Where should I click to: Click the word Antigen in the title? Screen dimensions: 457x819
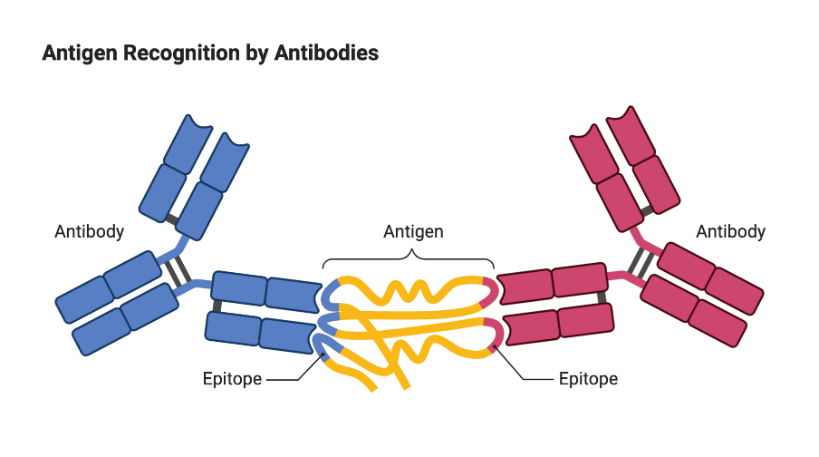[77, 53]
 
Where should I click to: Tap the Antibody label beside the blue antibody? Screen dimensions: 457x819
[90, 231]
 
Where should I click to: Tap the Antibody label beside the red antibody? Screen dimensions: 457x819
[730, 231]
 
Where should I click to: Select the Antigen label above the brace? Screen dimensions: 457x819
[413, 231]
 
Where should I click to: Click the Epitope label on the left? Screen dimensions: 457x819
[232, 379]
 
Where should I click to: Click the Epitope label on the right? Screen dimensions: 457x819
[588, 379]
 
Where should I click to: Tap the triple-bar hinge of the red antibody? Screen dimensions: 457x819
[641, 263]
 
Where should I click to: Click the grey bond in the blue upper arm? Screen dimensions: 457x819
[171, 219]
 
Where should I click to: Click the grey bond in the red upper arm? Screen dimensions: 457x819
[647, 210]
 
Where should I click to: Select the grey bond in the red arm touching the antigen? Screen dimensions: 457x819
[602, 297]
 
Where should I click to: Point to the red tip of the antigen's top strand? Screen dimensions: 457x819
[490, 289]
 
